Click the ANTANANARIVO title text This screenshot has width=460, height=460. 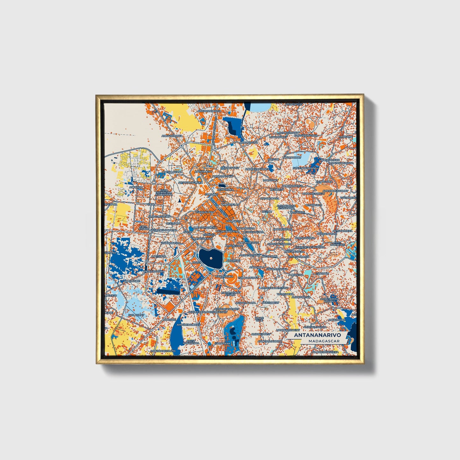point(317,335)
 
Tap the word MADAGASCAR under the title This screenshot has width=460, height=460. point(323,341)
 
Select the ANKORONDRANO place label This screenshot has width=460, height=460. point(209,111)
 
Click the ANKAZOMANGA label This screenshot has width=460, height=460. point(172,136)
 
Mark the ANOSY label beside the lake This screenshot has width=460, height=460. point(196,262)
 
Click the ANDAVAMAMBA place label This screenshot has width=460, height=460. point(155,271)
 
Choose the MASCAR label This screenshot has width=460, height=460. point(273,159)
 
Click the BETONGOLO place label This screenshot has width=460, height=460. point(314,205)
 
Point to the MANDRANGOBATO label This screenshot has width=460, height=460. point(163,351)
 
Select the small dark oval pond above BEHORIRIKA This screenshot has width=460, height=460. point(222,185)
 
